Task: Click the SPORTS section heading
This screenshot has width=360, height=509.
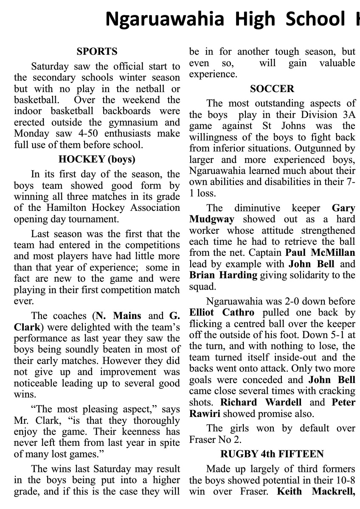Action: click(97, 52)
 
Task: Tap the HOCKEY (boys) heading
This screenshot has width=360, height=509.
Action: click(97, 159)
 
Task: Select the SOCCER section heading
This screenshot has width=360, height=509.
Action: click(272, 89)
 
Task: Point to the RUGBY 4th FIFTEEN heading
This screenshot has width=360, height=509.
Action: click(272, 454)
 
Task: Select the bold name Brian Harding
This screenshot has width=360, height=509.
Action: click(223, 275)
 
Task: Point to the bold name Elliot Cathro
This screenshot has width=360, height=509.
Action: click(222, 313)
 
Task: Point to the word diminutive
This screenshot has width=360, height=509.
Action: click(257, 208)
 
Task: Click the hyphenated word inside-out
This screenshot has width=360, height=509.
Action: click(303, 357)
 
